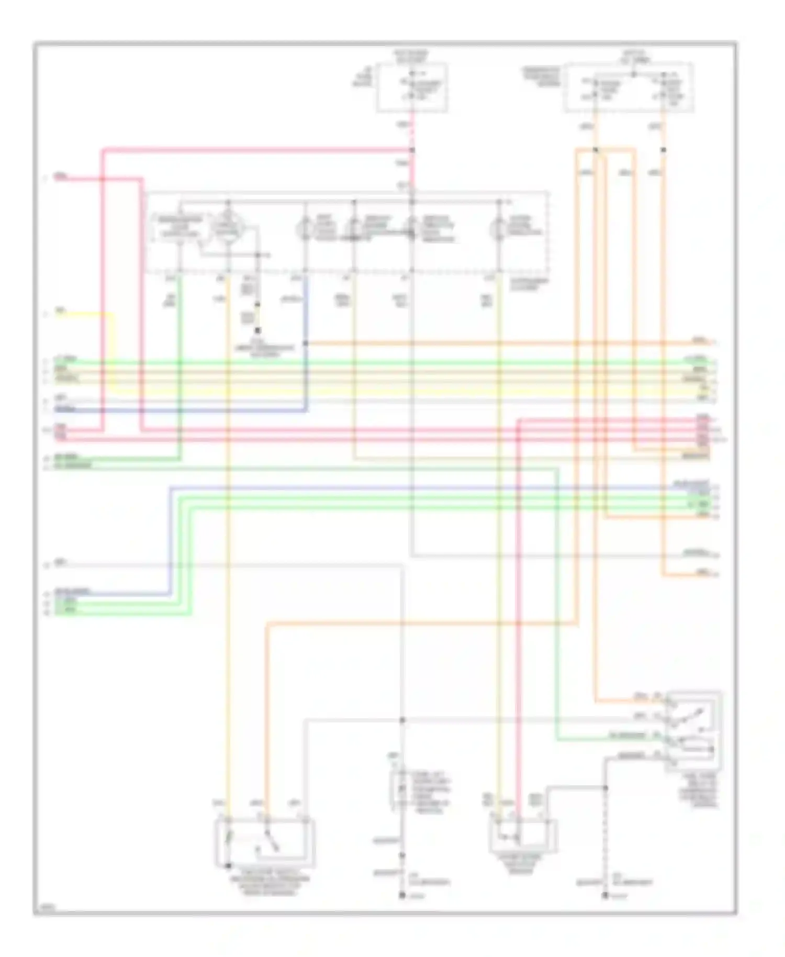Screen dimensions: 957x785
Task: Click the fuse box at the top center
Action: click(x=412, y=87)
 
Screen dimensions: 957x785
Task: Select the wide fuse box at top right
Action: click(x=629, y=87)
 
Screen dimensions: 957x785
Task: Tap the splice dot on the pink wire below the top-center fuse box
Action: click(x=412, y=150)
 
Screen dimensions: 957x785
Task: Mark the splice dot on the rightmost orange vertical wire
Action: click(x=663, y=150)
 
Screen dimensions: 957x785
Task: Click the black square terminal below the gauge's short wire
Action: click(x=257, y=330)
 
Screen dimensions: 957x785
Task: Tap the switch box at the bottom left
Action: click(x=265, y=842)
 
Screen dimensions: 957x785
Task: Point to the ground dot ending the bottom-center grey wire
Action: click(x=402, y=896)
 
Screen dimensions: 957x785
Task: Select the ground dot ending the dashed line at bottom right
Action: click(x=605, y=896)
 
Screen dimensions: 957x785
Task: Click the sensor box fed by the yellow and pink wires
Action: click(x=522, y=836)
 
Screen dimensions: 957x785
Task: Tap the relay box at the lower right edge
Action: click(x=693, y=731)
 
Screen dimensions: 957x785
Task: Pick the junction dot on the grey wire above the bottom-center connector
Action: click(x=402, y=720)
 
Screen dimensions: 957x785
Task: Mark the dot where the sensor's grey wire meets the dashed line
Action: click(x=605, y=787)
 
